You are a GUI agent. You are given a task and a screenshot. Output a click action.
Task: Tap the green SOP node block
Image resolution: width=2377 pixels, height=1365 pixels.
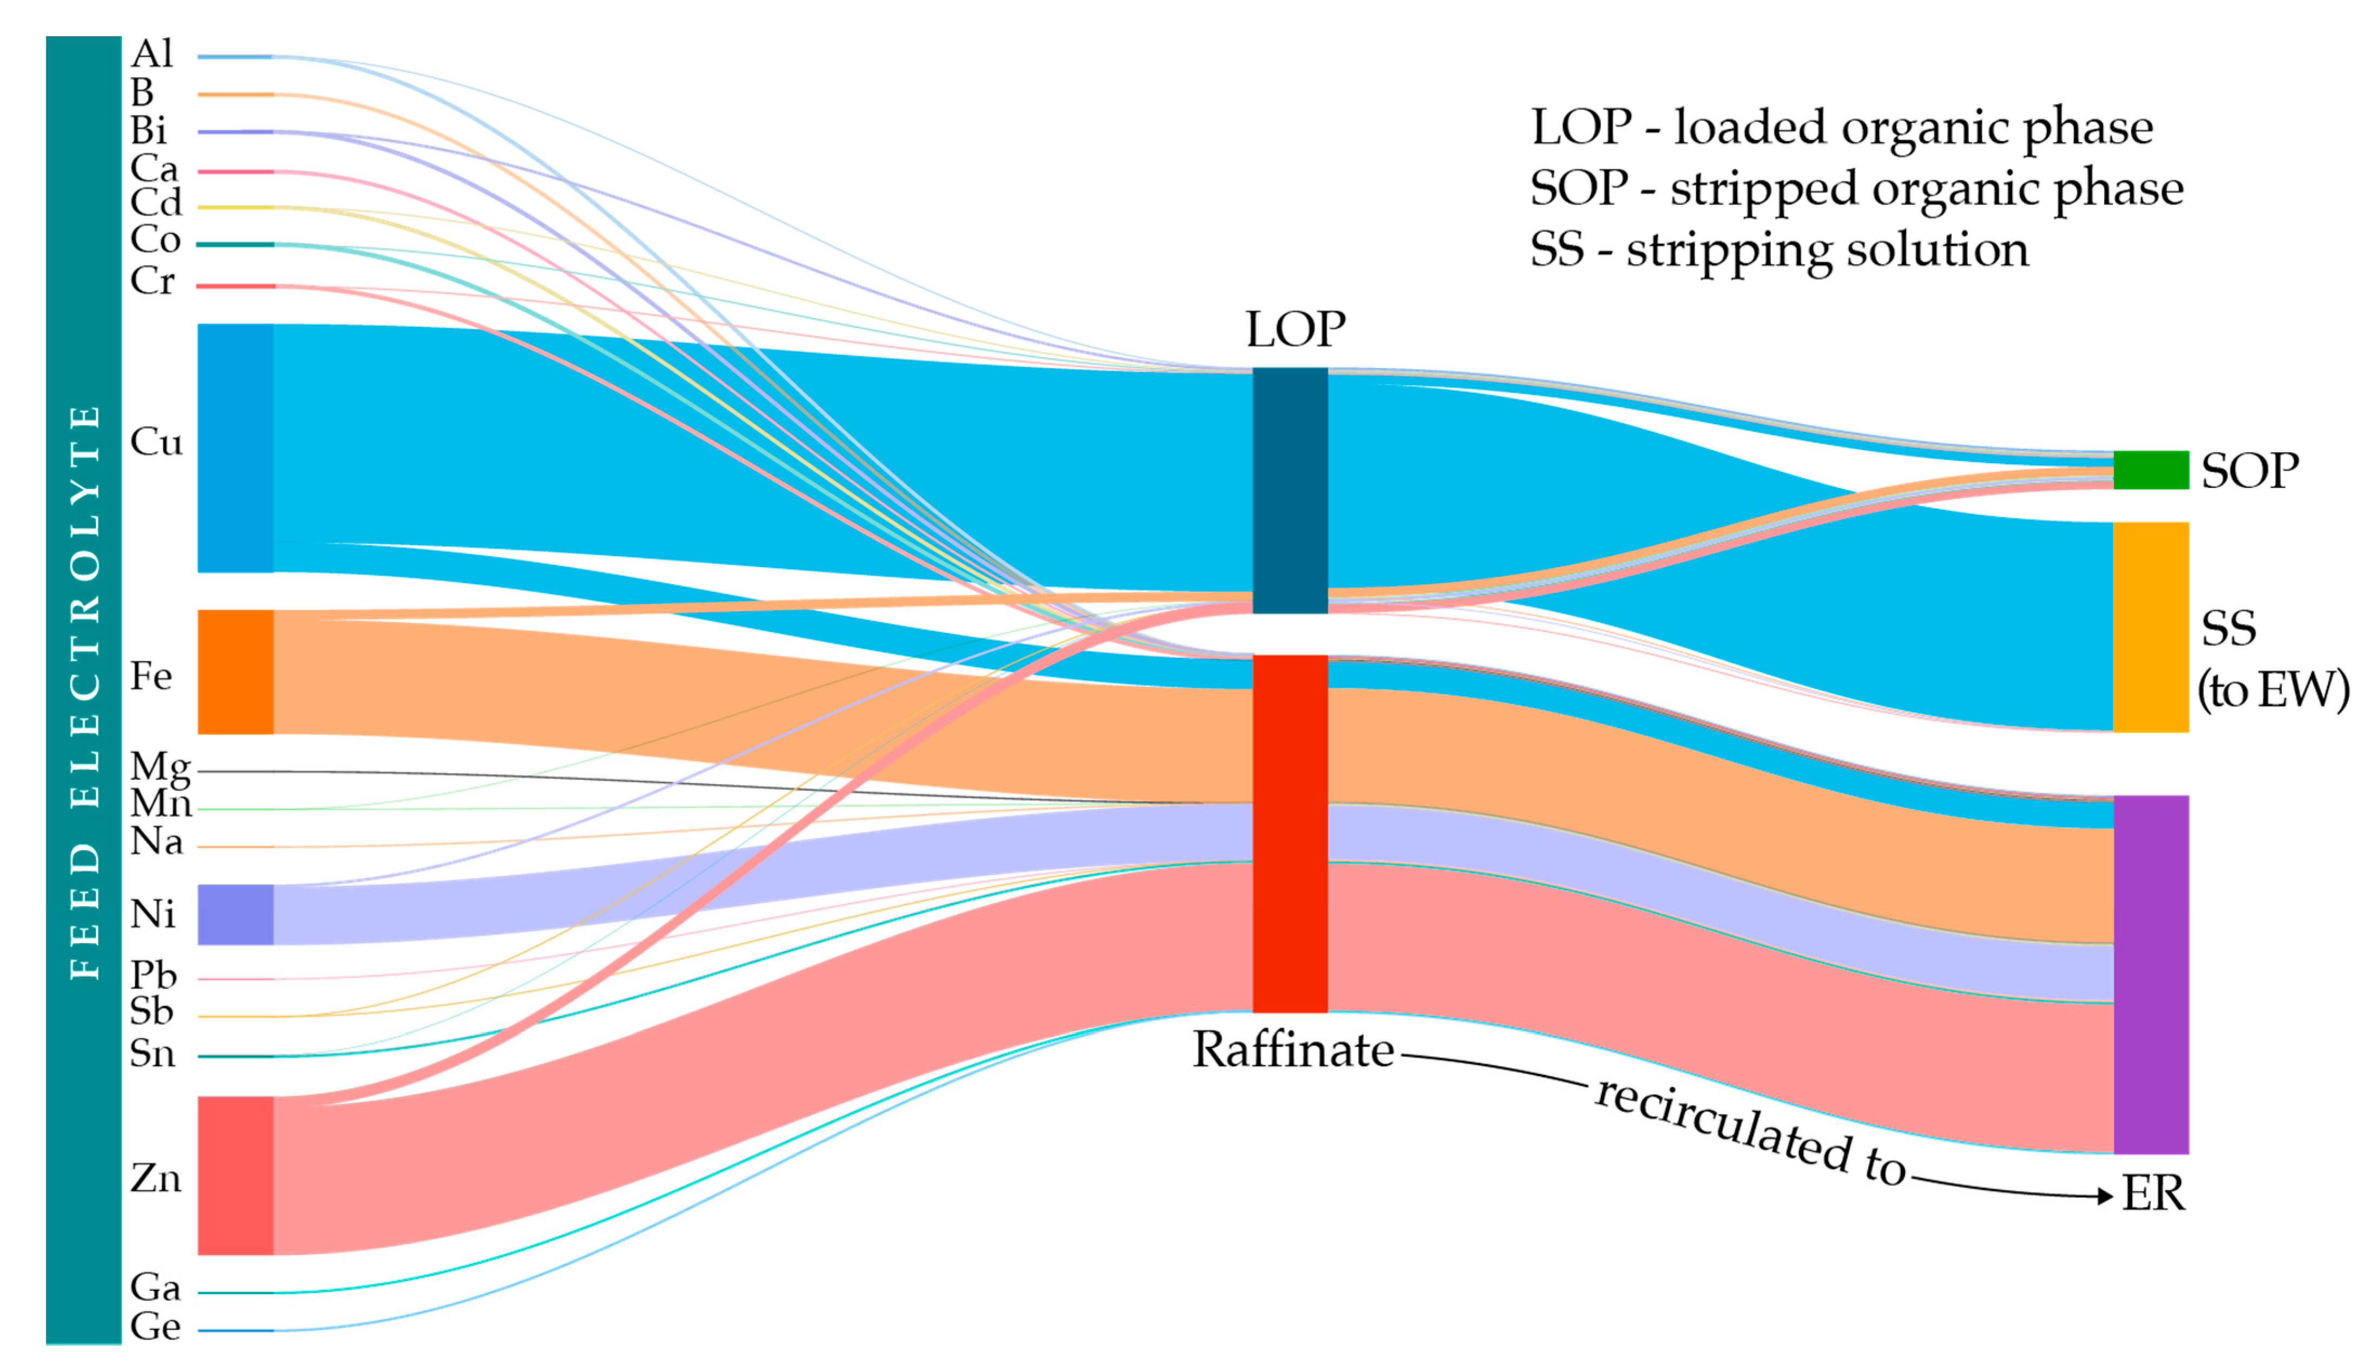2150,470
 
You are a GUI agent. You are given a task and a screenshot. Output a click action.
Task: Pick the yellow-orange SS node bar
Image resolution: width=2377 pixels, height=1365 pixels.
2150,627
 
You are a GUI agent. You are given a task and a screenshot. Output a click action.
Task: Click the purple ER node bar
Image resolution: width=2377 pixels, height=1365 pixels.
2150,974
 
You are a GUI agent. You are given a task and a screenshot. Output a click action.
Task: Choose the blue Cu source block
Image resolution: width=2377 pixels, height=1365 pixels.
235,447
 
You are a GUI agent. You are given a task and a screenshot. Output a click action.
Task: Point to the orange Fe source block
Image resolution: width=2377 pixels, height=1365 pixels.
235,671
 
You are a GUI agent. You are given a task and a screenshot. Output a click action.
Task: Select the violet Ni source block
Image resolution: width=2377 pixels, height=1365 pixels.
235,914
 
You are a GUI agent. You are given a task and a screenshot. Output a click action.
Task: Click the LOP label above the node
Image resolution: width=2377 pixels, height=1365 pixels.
1295,329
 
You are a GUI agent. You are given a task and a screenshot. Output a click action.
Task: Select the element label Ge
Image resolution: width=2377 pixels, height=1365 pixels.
155,1327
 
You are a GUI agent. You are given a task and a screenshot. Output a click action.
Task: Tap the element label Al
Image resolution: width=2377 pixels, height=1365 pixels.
152,55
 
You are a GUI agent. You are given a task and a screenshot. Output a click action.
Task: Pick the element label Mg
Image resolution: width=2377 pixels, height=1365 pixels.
160,767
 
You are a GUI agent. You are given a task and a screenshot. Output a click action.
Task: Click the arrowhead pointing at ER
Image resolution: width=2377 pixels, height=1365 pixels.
2106,1196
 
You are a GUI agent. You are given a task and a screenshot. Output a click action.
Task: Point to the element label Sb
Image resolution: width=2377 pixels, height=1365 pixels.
152,1012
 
